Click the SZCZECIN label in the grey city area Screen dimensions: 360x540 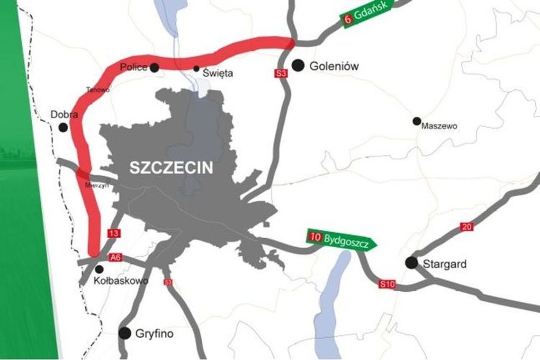coord(171,168)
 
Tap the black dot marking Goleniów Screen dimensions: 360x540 coord(297,65)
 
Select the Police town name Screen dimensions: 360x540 coord(134,67)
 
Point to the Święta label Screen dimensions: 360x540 coord(218,73)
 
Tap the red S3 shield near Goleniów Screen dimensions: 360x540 coord(281,73)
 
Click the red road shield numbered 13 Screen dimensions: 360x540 coord(114,233)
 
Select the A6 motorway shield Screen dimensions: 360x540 coord(116,257)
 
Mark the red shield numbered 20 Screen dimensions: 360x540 coord(467,227)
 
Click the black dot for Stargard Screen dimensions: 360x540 coord(412,263)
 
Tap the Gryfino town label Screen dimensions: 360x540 coord(154,334)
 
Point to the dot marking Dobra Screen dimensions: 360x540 coord(63,127)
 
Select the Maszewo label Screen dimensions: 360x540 coord(439,126)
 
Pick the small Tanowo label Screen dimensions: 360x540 coord(98,89)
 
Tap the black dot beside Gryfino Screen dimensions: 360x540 coord(125,333)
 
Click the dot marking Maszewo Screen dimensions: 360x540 coord(416,121)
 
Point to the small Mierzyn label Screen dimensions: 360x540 coord(97,185)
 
